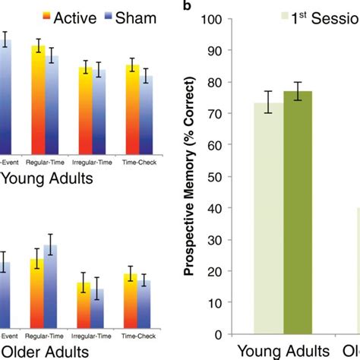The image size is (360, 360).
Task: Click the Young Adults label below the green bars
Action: coord(283,351)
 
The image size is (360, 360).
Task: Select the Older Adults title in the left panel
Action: coord(45,352)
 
